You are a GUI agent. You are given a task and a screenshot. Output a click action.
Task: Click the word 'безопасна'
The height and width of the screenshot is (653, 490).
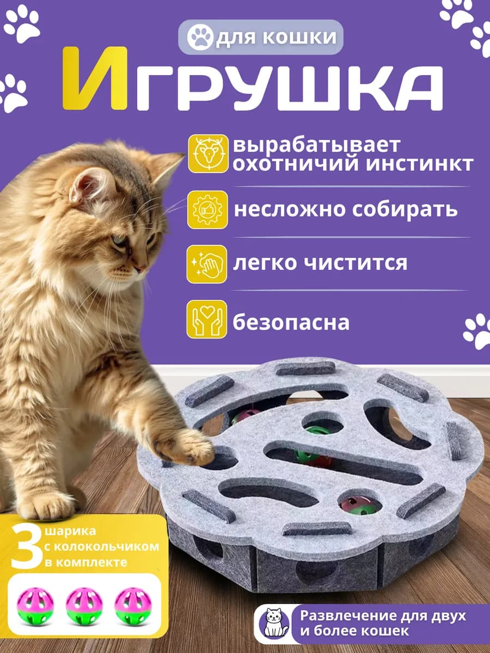click(x=291, y=323)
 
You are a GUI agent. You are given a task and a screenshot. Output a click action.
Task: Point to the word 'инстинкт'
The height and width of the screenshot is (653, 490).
click(x=419, y=164)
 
